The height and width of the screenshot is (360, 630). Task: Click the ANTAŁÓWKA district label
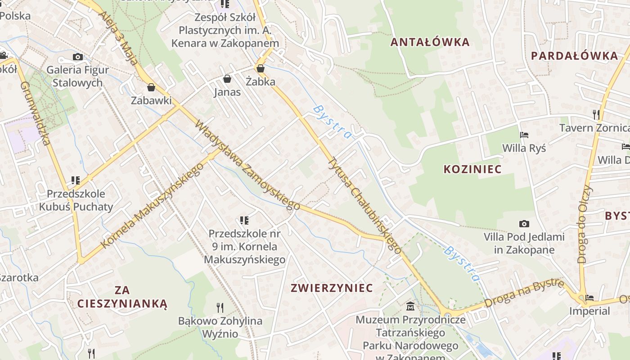click(x=430, y=42)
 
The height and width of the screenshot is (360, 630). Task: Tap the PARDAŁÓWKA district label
click(x=575, y=56)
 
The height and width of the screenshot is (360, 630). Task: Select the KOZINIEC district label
click(x=472, y=169)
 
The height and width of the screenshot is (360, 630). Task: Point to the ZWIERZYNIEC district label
click(x=332, y=288)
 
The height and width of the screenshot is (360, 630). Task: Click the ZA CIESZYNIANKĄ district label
click(x=122, y=297)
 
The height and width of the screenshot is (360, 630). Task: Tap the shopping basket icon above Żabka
click(x=260, y=68)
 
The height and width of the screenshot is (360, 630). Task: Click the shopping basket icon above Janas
click(x=227, y=79)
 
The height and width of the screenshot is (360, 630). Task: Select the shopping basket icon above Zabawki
click(x=151, y=87)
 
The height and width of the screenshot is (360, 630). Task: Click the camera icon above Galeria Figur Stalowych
click(x=78, y=57)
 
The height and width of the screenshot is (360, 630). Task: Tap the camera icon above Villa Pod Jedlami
click(x=524, y=224)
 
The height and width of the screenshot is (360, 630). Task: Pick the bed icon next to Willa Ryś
click(x=524, y=135)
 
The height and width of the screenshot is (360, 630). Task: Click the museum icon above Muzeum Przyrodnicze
click(x=410, y=307)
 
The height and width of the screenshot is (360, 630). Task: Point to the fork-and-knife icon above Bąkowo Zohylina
click(x=220, y=308)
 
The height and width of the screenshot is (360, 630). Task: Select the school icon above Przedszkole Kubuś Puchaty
click(x=76, y=180)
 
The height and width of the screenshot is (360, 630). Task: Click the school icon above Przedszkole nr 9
click(x=244, y=220)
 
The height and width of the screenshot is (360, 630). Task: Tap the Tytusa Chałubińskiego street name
click(x=364, y=205)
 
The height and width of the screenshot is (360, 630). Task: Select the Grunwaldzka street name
click(x=35, y=113)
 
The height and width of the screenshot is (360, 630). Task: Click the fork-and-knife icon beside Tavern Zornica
click(x=596, y=114)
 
